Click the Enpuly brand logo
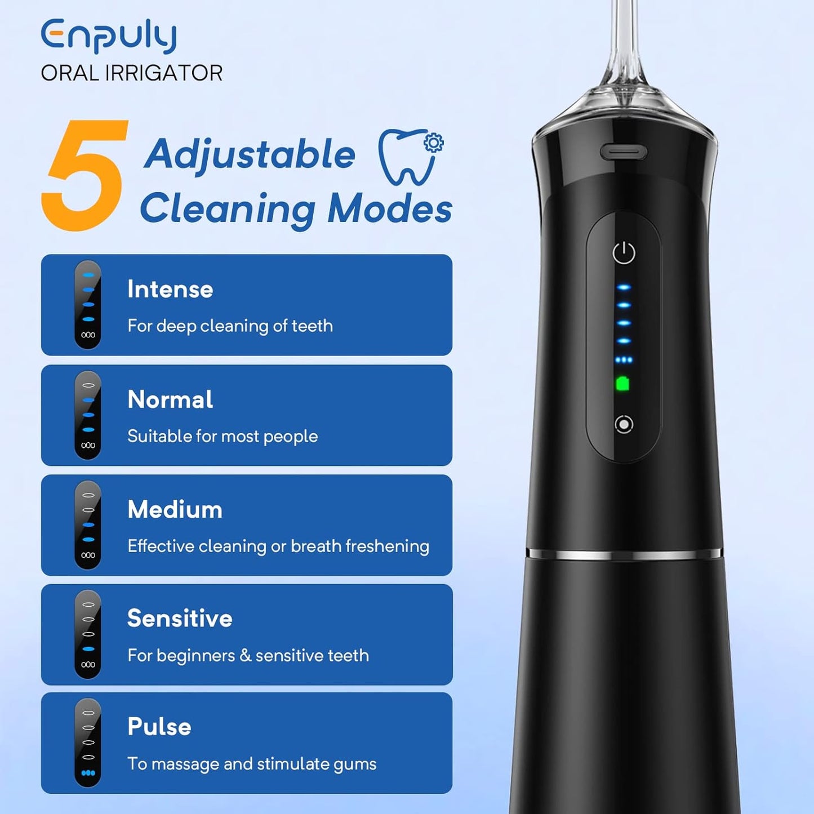point(109,36)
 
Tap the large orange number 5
point(84,175)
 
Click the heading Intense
point(170,290)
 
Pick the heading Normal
point(170,399)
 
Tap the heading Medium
point(175,509)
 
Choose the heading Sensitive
point(180,619)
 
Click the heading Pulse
point(159,727)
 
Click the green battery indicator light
point(623,384)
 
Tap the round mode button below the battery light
point(624,424)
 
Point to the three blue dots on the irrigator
point(624,360)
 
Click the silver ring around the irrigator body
point(624,553)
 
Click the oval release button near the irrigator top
point(624,152)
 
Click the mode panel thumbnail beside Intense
point(88,305)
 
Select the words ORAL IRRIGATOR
point(132,73)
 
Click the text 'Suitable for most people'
point(223,437)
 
